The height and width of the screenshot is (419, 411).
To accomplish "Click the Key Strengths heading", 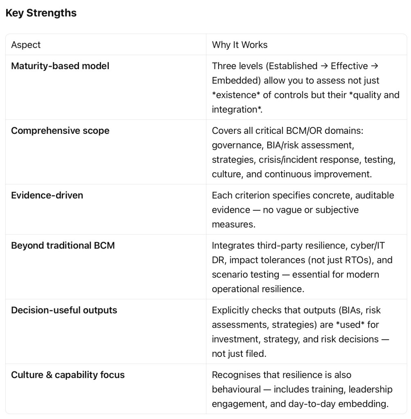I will (41, 13).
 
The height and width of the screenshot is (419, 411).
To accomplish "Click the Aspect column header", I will (26, 45).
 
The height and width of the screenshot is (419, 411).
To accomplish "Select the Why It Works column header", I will (239, 45).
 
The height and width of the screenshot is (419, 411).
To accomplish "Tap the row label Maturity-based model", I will (60, 66).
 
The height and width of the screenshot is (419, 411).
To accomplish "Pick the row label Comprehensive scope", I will (60, 131).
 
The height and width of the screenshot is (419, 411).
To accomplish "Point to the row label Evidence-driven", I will (47, 196).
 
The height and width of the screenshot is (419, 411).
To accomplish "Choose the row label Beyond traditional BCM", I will (63, 246).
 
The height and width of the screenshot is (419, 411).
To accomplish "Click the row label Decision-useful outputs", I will (64, 310).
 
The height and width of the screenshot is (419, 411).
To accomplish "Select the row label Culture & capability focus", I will (68, 375).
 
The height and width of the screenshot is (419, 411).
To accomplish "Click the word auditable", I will (375, 196).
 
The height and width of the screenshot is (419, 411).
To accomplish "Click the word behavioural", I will (237, 389).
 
